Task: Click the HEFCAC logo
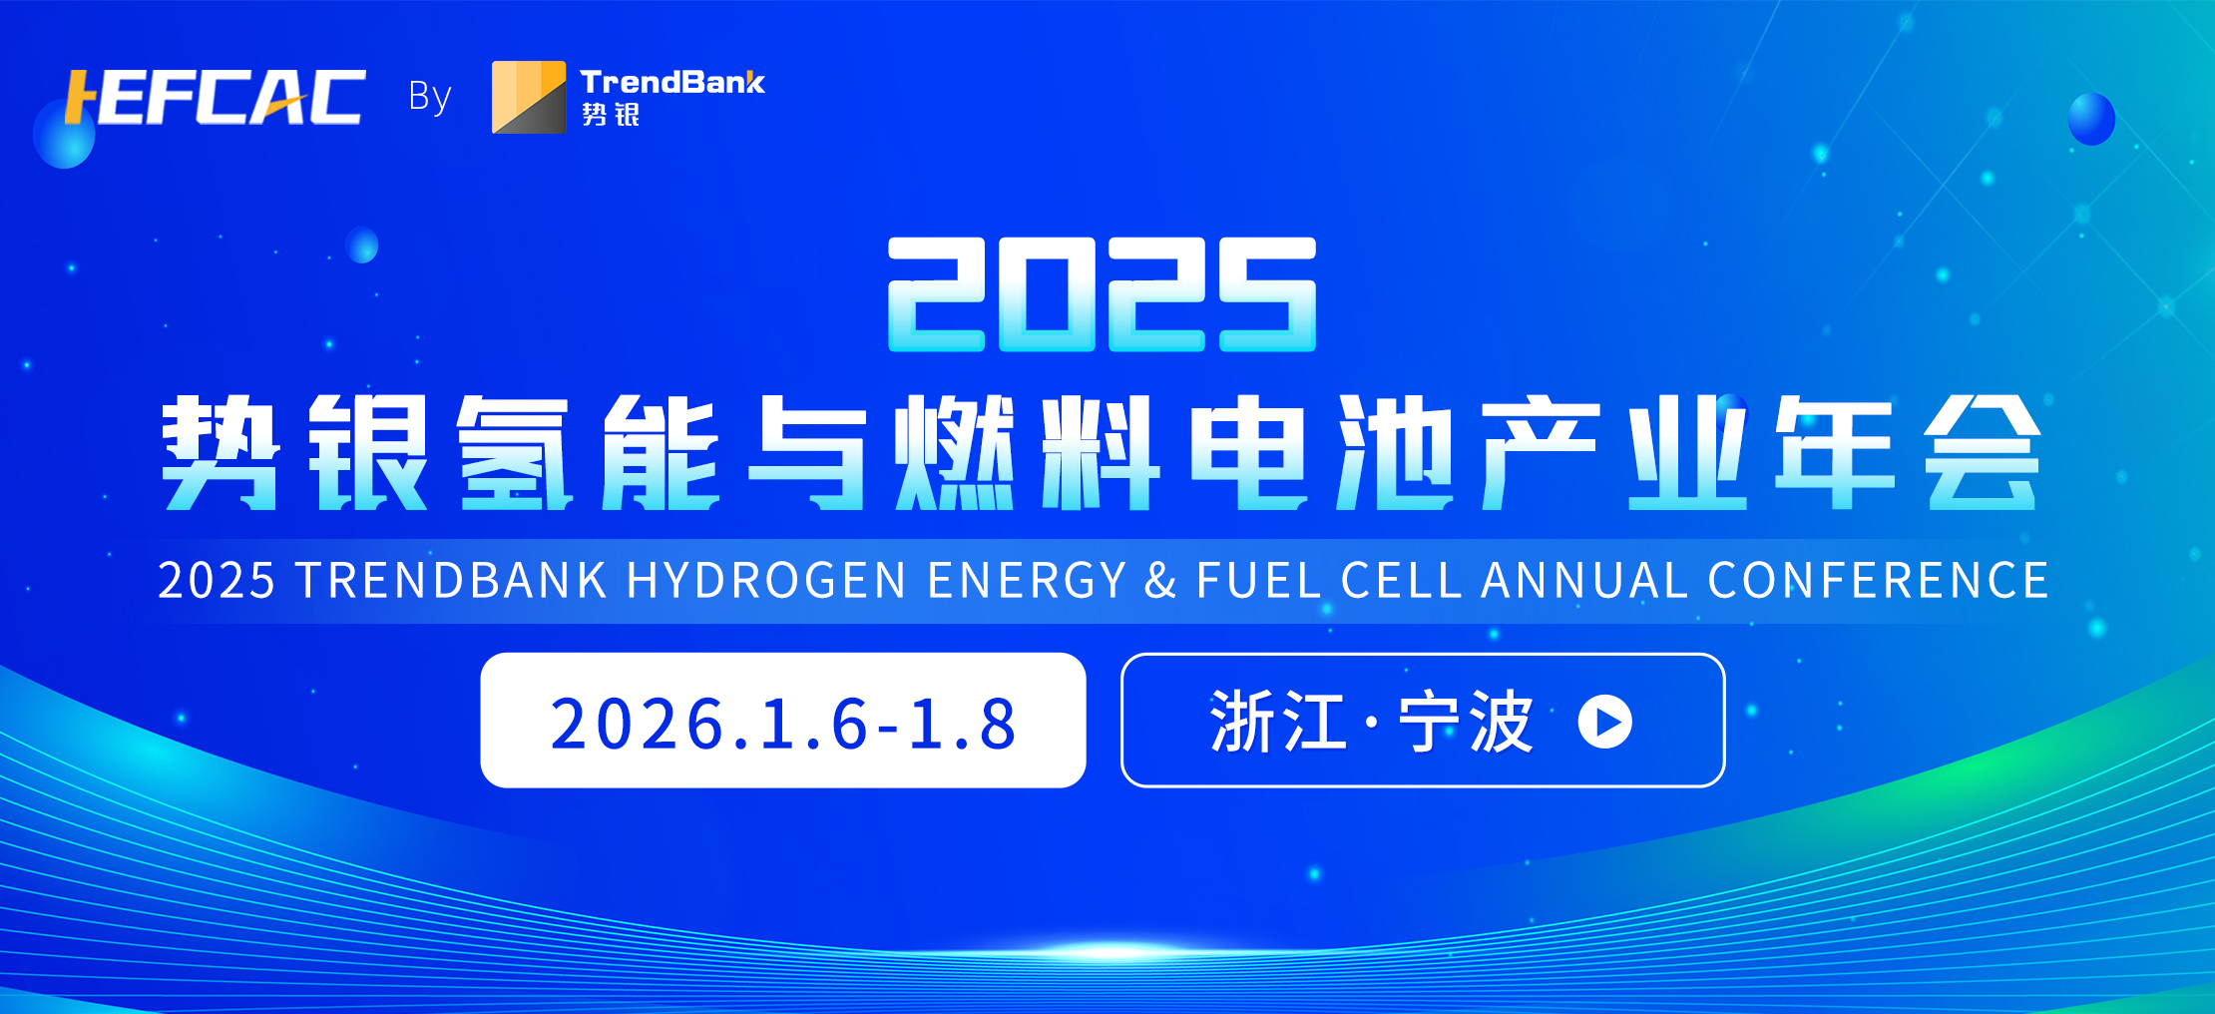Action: click(x=215, y=97)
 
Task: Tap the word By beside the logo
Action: click(x=430, y=97)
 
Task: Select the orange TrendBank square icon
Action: click(x=529, y=97)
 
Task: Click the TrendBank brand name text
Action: click(x=672, y=82)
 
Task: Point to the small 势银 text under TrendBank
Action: click(x=611, y=115)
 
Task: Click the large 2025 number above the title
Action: click(x=1102, y=294)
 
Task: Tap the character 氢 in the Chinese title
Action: click(x=514, y=452)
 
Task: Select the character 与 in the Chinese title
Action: click(x=808, y=452)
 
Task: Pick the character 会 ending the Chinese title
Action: click(x=1983, y=452)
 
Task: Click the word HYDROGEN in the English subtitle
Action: click(x=766, y=581)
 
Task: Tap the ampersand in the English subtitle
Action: click(x=1160, y=581)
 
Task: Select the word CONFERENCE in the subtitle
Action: click(x=1879, y=581)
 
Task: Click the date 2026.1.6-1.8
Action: click(x=783, y=724)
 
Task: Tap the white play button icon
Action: click(x=1605, y=722)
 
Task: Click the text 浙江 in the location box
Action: click(x=1278, y=722)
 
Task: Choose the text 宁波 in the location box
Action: click(x=1466, y=722)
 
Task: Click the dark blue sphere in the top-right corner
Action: click(x=2091, y=119)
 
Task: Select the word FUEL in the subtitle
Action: click(x=1258, y=581)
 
